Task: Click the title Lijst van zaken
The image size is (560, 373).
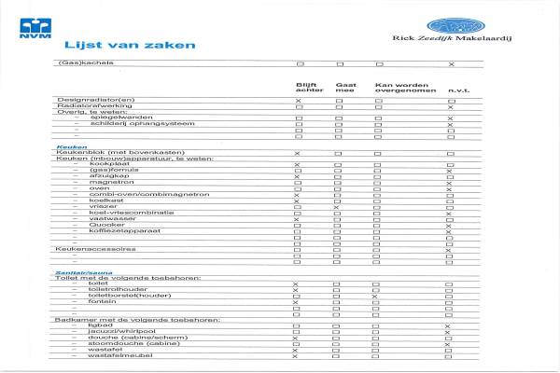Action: [x=130, y=45]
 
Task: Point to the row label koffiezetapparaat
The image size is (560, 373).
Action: [x=116, y=230]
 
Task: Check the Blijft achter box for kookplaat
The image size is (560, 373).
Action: [x=297, y=164]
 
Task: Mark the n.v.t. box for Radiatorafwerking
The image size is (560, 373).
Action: [x=450, y=106]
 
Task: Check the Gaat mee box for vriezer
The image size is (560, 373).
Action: [x=337, y=206]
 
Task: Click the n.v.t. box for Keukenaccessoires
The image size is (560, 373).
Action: [x=450, y=249]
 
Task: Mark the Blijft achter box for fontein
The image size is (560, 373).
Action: [x=296, y=302]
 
